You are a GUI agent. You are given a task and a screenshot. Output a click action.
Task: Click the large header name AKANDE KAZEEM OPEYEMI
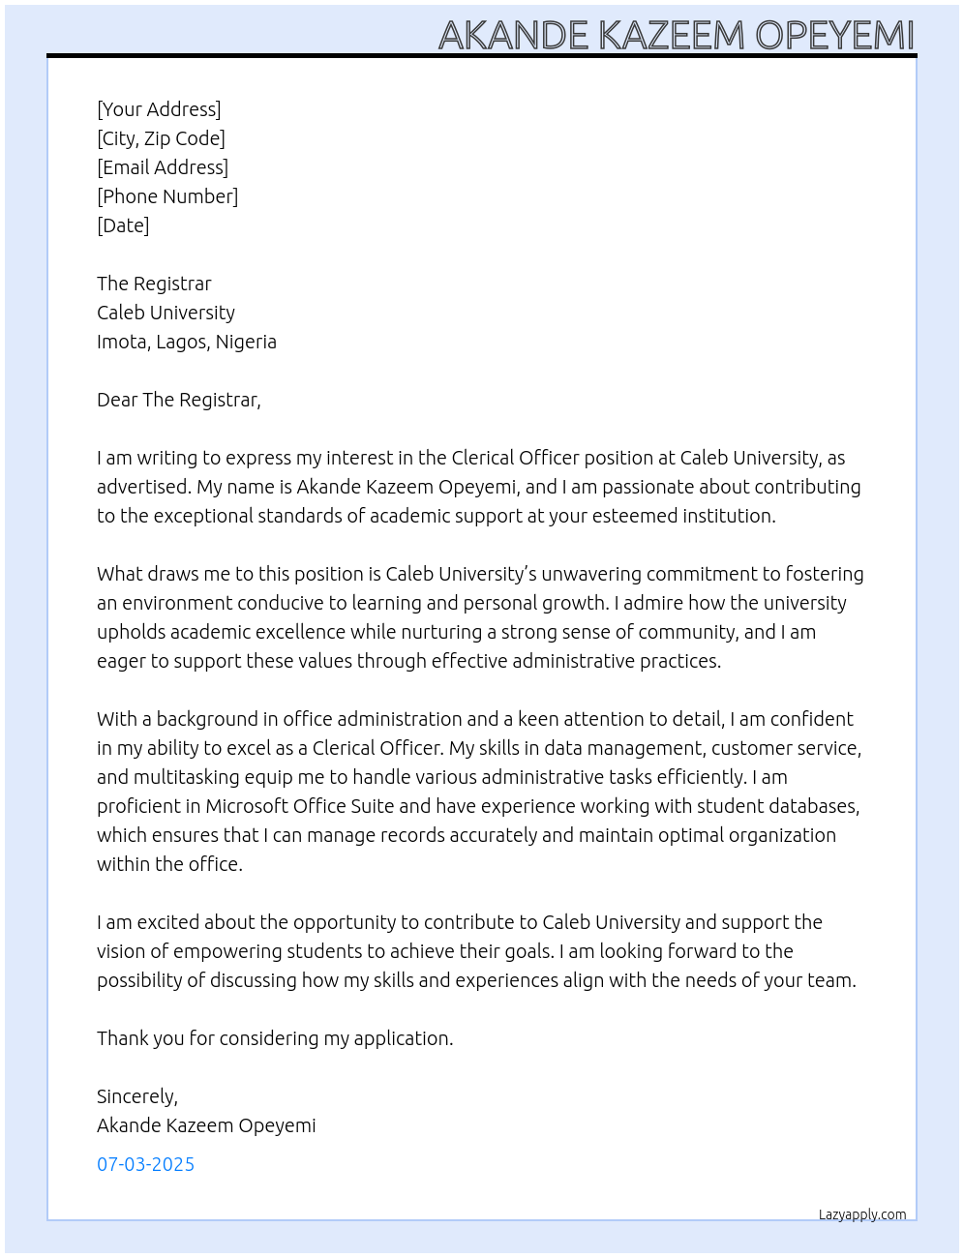coord(676,35)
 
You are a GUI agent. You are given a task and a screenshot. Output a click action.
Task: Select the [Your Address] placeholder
coord(159,109)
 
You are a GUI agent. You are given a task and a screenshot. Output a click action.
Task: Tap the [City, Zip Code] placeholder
coord(161,138)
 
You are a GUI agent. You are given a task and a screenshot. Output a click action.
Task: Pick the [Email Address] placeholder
coord(163,167)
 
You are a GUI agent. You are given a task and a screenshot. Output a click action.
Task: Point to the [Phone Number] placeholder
coord(167,196)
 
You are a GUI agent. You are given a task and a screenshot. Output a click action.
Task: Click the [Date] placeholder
coord(123,225)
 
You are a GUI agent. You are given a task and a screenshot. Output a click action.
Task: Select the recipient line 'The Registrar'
coord(154,284)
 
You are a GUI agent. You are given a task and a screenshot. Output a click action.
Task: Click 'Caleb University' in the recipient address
coord(166,313)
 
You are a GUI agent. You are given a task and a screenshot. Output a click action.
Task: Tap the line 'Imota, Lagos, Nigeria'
coord(187,342)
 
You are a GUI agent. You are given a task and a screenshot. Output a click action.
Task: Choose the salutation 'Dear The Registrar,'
coord(179,400)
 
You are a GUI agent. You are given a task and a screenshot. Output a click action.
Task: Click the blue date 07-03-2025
coord(145,1164)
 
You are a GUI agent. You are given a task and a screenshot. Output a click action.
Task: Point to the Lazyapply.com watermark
coord(862,1214)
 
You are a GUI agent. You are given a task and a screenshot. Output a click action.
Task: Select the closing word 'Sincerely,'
coord(137,1096)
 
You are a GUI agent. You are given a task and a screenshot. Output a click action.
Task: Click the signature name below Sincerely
coord(206,1125)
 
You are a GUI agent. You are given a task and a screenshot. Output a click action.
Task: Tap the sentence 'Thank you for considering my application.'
coord(275,1038)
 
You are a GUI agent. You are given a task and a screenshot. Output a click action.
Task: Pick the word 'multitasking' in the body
coord(185,777)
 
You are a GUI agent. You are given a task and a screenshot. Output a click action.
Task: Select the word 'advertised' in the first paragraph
coord(141,487)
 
